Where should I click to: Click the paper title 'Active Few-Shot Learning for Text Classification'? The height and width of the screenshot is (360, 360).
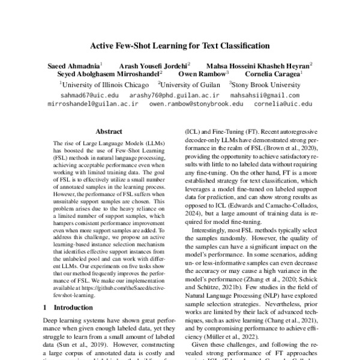click(180, 45)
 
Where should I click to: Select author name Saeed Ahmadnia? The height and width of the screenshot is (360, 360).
click(74, 65)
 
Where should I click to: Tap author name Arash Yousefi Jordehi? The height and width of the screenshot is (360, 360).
click(153, 65)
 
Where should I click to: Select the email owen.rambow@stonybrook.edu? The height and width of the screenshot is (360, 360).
click(196, 104)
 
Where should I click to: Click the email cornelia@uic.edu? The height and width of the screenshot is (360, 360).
click(283, 104)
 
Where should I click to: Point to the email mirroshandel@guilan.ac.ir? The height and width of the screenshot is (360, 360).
click(93, 104)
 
